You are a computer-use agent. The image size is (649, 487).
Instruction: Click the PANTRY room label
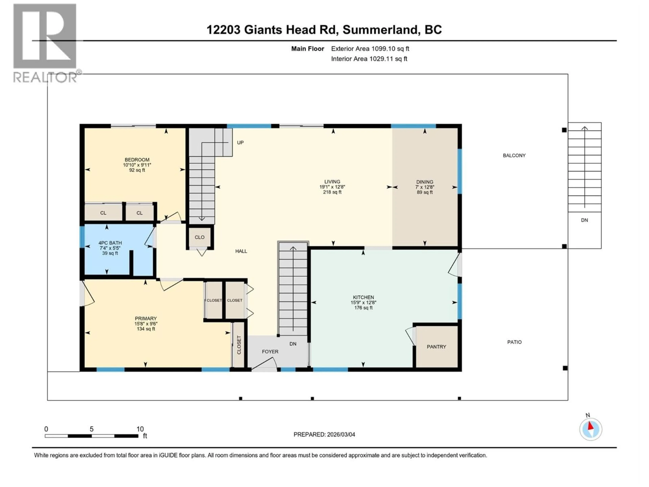436,347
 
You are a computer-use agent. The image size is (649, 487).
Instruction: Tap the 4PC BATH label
110,243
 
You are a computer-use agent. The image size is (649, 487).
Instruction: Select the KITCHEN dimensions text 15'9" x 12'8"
363,302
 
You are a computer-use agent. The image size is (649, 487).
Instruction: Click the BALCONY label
514,156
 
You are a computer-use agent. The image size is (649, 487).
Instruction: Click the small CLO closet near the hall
199,237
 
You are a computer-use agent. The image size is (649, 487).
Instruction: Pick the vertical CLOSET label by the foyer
239,345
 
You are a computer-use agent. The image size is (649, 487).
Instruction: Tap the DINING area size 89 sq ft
425,192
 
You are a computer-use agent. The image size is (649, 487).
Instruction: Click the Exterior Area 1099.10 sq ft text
370,49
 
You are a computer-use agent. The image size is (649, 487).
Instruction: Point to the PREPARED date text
324,434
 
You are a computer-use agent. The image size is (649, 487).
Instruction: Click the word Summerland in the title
380,30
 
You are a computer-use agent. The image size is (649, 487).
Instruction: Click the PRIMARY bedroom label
146,319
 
